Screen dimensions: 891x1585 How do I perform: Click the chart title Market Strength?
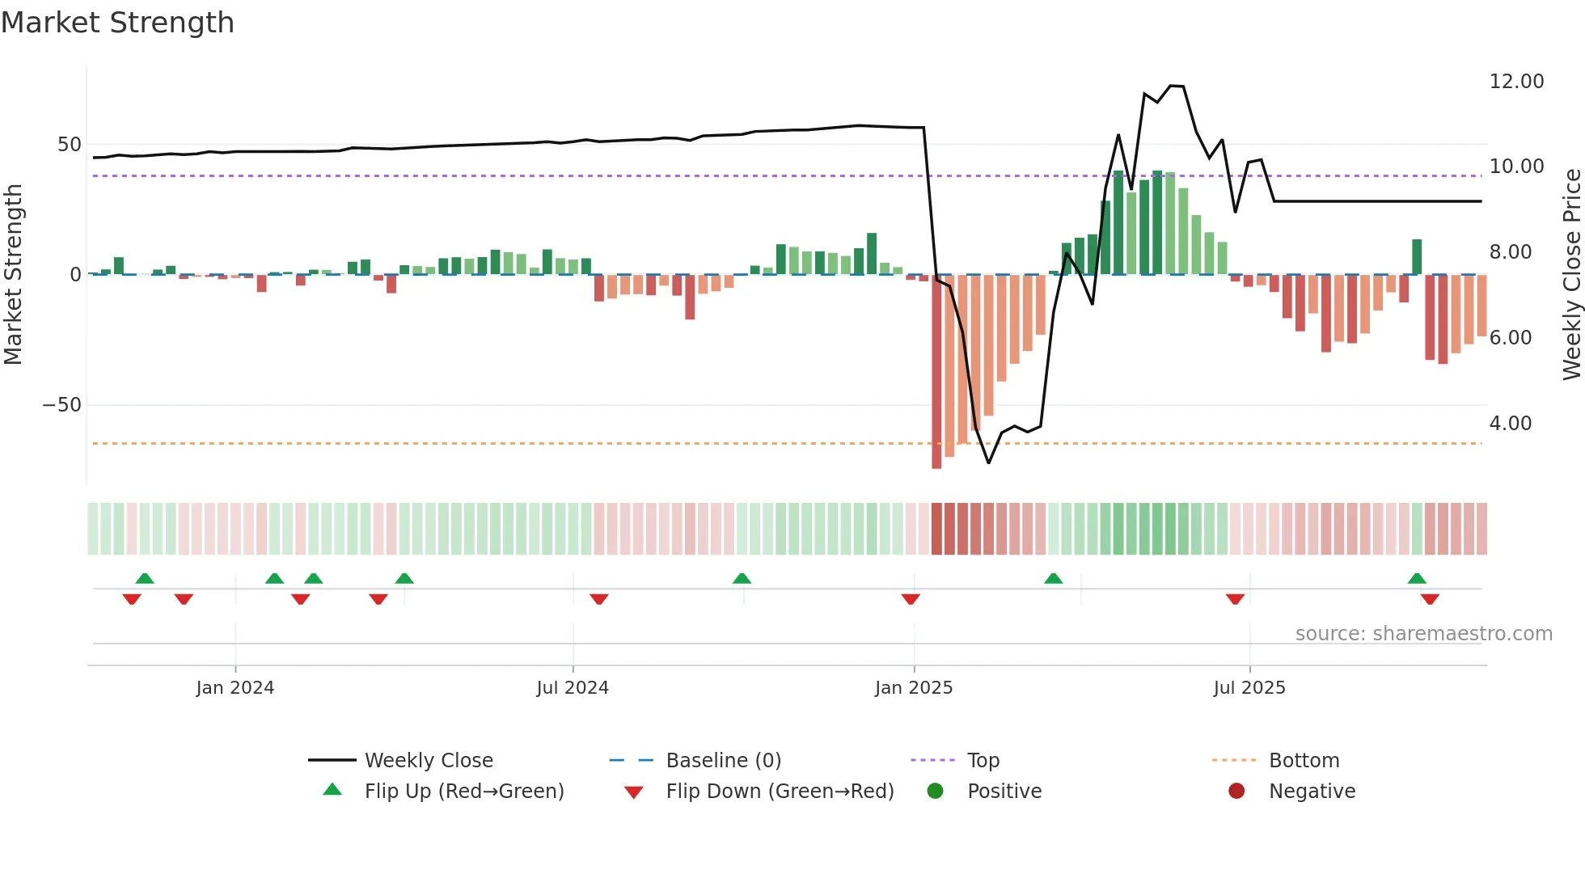click(x=117, y=23)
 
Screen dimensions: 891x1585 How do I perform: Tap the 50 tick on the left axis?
click(x=70, y=145)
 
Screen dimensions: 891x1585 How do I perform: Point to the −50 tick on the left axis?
click(x=61, y=405)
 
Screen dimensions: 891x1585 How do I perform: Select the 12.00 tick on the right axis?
click(x=1516, y=82)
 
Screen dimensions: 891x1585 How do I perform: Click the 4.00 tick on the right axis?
click(x=1510, y=424)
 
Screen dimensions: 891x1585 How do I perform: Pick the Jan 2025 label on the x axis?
click(x=914, y=688)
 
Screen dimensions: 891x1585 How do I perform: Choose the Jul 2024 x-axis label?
click(x=573, y=688)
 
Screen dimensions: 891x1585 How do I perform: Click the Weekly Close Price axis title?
click(x=1571, y=275)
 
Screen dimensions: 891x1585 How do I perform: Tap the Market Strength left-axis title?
click(x=13, y=275)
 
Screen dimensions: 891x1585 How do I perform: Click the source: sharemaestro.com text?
click(x=1423, y=634)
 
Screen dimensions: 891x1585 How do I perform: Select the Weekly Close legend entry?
click(x=428, y=761)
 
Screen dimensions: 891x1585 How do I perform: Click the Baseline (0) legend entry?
click(x=723, y=761)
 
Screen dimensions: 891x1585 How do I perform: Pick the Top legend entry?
click(x=983, y=761)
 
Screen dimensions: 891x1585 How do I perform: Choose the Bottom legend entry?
click(x=1304, y=761)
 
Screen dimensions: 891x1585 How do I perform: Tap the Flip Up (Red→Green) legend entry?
click(x=463, y=792)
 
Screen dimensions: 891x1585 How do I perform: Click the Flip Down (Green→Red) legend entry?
click(x=780, y=792)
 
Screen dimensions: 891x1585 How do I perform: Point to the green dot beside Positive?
click(x=936, y=792)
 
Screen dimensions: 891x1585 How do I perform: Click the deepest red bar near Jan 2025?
click(x=936, y=372)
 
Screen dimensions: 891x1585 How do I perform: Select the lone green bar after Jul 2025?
click(x=1417, y=257)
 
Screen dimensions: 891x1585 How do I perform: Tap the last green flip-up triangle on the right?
click(x=1417, y=578)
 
